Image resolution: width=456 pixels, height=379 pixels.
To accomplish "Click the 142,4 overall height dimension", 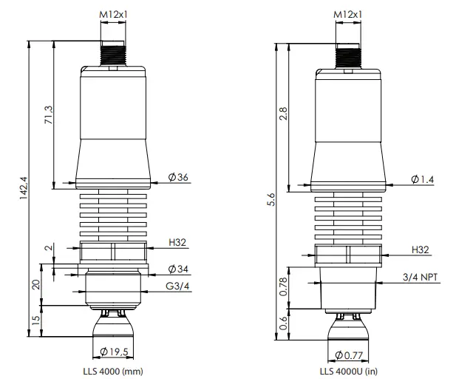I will point(23,188).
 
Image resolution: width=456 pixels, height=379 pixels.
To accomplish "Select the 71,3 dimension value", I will point(50,114).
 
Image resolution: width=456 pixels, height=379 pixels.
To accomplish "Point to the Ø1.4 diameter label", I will point(423,179).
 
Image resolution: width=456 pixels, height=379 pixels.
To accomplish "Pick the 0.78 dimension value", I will point(284,286).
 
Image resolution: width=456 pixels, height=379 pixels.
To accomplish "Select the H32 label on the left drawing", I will point(177,242).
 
